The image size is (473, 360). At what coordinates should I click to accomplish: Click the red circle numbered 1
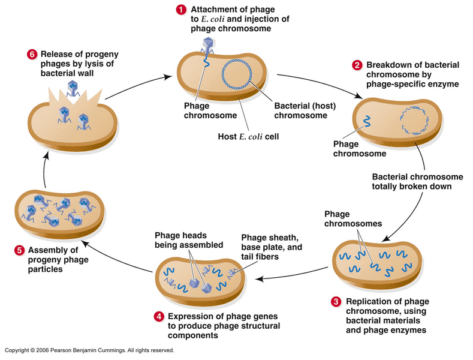(x=181, y=10)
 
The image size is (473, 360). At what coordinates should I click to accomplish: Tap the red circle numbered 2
(x=357, y=65)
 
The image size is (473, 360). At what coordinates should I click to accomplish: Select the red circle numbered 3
(x=336, y=302)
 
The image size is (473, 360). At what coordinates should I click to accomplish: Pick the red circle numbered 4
(x=159, y=317)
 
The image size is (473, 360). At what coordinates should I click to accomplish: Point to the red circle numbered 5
(x=19, y=250)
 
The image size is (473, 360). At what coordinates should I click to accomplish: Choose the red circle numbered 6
(x=32, y=55)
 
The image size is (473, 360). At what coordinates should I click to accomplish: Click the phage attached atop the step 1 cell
(x=207, y=46)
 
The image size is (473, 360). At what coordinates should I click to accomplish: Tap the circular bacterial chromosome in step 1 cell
(x=237, y=74)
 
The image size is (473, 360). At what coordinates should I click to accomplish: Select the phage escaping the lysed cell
(x=73, y=88)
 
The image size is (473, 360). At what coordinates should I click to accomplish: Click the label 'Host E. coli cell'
(x=248, y=137)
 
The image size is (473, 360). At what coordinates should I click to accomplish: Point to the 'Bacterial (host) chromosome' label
(x=305, y=110)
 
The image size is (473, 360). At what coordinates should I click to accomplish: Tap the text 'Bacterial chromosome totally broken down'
(x=417, y=182)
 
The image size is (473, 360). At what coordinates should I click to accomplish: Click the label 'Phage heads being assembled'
(x=189, y=240)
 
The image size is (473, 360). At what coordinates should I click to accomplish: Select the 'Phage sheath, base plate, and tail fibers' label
(x=272, y=247)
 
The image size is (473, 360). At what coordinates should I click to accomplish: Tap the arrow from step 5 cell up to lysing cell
(x=44, y=170)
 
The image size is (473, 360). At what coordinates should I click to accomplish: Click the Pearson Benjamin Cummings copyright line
(x=89, y=350)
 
